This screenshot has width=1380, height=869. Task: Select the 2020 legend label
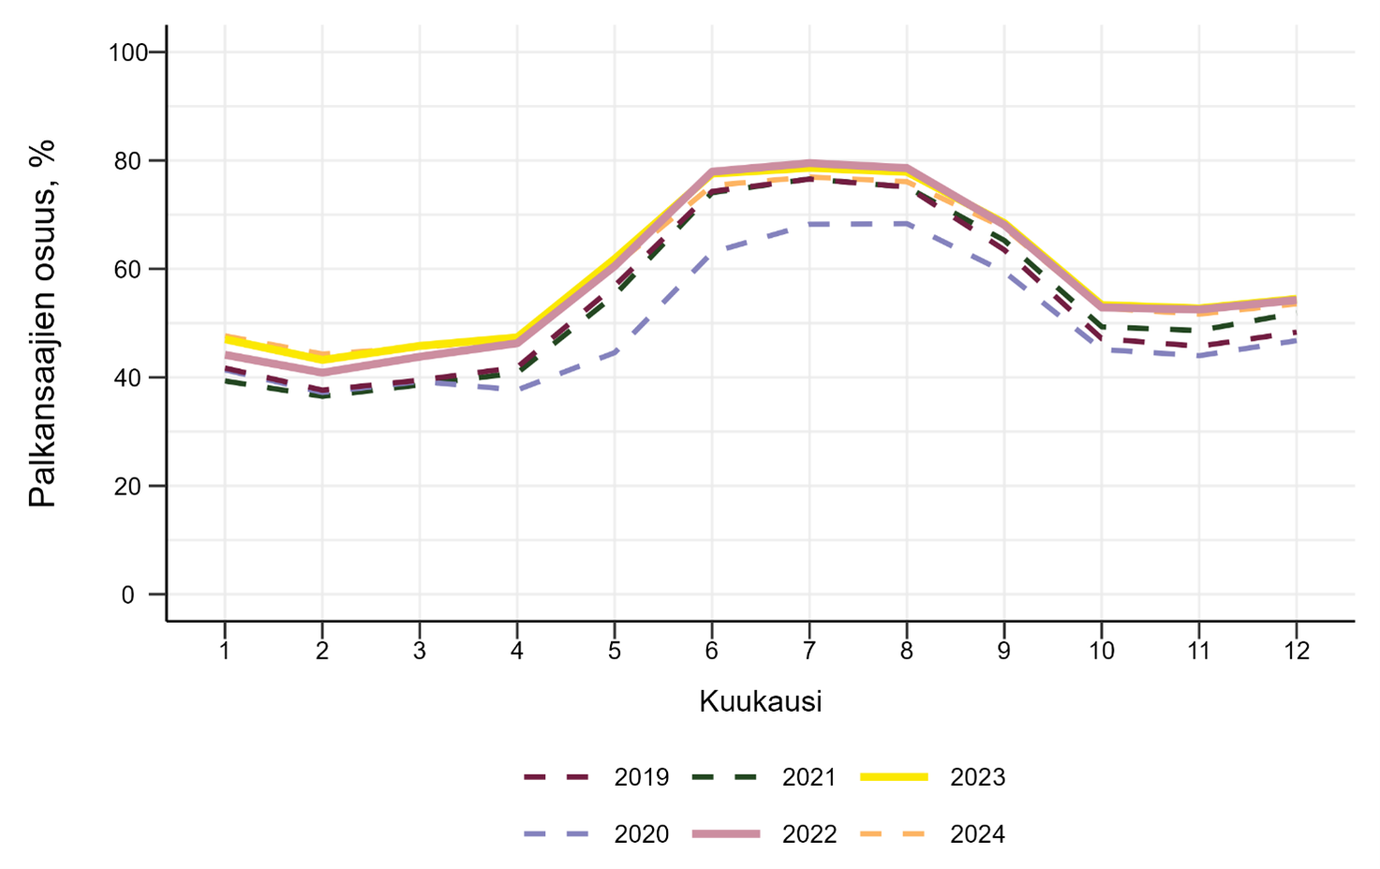[x=641, y=834]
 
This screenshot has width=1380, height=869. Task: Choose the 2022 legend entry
[x=809, y=834]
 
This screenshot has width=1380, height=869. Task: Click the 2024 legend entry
[x=977, y=834]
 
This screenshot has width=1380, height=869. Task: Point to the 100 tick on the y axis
[x=128, y=52]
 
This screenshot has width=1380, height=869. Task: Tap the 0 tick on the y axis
[x=127, y=596]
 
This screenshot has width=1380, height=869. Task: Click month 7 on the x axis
[x=809, y=651]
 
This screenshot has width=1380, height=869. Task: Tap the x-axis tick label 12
[x=1296, y=651]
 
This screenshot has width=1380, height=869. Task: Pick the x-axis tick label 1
[x=225, y=651]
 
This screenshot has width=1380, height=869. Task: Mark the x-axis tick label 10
[x=1101, y=651]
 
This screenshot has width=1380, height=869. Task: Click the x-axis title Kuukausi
[x=760, y=701]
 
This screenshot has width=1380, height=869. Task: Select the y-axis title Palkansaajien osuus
[x=43, y=323]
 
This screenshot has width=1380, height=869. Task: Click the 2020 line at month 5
[x=615, y=352]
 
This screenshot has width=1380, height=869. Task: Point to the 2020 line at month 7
[x=809, y=225]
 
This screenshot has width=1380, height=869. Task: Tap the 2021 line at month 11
[x=1198, y=331]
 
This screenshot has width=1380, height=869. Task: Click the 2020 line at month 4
[x=517, y=389]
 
